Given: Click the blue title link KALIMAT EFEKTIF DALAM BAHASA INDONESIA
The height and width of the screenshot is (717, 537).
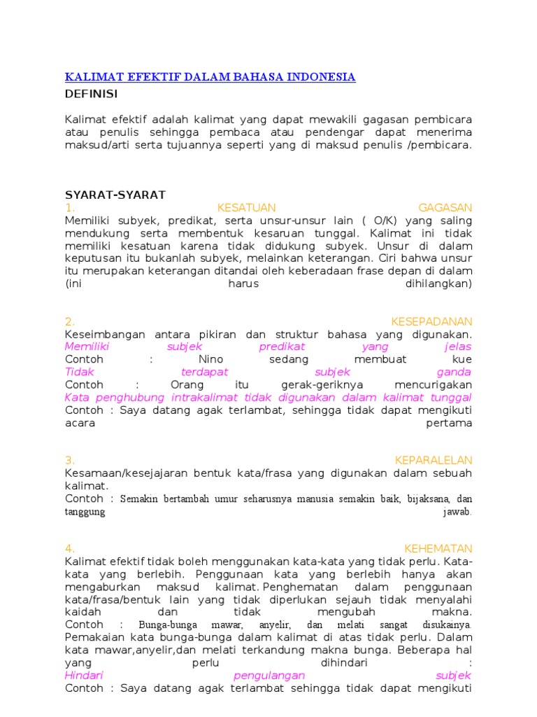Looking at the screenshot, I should coord(210,77).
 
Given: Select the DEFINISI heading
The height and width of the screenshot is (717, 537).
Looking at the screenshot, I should coord(92,94).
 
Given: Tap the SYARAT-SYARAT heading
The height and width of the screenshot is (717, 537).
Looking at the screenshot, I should coord(115,195).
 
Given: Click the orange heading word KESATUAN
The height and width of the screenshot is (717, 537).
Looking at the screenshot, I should coord(247,208).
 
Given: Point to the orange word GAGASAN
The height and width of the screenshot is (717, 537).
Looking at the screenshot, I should coord(445,208).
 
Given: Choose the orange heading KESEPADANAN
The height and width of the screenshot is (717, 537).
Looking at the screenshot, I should coord(431,321).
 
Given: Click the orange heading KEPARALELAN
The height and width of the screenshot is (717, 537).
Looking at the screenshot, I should coord(434,460).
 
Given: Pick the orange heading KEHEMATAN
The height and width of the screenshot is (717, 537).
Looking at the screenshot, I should coord(438,548).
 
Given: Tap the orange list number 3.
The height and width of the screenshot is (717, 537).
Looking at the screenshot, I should coord(70,460).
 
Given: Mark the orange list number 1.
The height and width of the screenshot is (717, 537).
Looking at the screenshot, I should coord(69,208).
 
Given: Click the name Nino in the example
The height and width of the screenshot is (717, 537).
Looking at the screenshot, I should coord(210,359).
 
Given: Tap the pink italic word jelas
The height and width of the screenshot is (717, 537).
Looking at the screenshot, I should coord(458,347).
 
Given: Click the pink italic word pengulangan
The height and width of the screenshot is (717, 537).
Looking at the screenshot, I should coord(269,676).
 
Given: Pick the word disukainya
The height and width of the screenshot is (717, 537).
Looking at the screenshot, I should coord(447,625).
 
